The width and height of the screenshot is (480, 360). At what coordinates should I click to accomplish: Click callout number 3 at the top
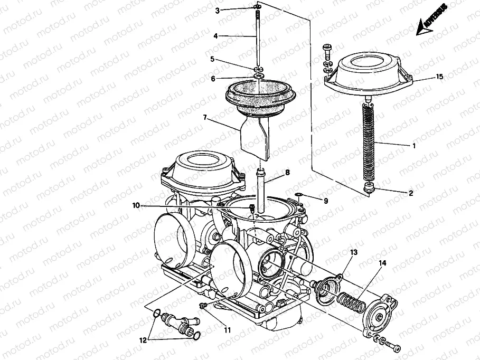tap(217, 10)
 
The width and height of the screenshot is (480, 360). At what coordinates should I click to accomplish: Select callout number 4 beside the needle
tap(215, 36)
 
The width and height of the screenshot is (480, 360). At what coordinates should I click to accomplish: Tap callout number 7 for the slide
tap(204, 117)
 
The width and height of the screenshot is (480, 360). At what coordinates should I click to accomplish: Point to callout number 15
tap(439, 77)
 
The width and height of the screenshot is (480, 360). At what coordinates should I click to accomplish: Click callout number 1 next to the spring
tap(414, 146)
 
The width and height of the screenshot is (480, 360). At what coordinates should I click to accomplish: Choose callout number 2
tap(410, 193)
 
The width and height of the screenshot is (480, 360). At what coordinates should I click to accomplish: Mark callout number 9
tap(326, 201)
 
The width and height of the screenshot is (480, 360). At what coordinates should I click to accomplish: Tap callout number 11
tap(227, 330)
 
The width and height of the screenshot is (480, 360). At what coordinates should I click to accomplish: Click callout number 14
tap(382, 262)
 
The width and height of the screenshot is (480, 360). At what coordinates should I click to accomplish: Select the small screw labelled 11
tap(203, 306)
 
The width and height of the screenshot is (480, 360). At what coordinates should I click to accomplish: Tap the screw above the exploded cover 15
tap(326, 49)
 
